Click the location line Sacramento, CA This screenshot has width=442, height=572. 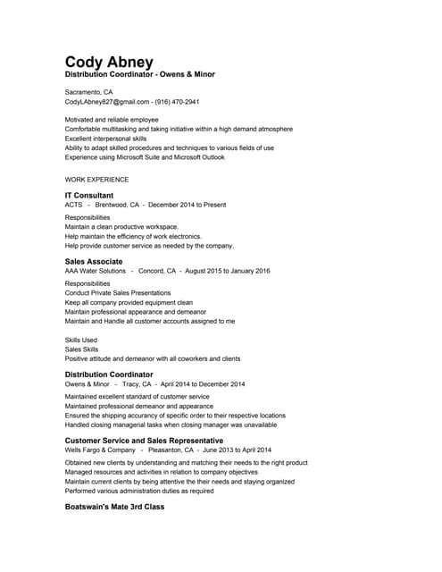88,92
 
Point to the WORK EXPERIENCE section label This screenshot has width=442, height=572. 96,179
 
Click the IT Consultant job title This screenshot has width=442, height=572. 89,195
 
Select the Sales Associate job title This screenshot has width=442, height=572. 94,261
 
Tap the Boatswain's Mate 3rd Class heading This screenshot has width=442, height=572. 114,507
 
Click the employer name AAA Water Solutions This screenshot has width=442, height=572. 96,271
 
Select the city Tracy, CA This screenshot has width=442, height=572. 137,384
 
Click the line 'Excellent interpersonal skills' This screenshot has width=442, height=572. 105,139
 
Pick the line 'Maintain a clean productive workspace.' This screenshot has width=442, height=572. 121,226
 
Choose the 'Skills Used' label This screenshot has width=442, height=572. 81,341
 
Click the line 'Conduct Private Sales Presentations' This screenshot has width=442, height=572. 118,292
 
